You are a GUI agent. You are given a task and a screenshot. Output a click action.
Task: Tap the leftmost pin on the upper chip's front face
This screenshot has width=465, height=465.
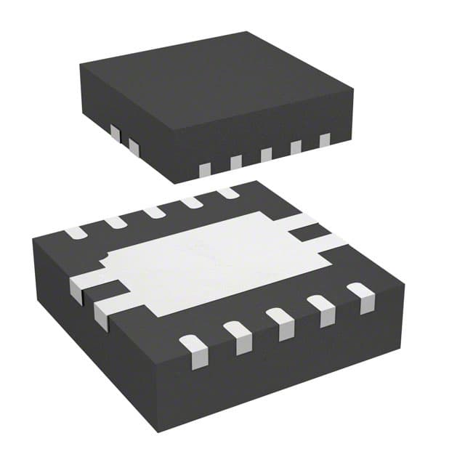click(205, 169)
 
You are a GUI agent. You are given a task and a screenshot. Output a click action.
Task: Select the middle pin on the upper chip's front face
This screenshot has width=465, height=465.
click(266, 154)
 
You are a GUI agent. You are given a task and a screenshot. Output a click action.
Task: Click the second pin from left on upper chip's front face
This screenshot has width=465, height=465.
click(235, 161)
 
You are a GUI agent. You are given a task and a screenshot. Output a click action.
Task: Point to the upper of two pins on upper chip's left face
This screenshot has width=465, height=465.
click(115, 132)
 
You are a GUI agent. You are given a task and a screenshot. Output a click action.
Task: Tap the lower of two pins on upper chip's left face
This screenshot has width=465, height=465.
click(133, 147)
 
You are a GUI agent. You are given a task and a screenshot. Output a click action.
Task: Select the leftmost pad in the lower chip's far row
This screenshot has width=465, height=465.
click(75, 233)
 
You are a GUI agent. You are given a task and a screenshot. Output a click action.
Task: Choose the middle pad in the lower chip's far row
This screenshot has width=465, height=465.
click(153, 212)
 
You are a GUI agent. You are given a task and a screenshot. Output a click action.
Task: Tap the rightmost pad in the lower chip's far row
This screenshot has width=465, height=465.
click(227, 193)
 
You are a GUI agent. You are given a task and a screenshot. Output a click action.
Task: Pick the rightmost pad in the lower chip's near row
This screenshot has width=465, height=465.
click(360, 297)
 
